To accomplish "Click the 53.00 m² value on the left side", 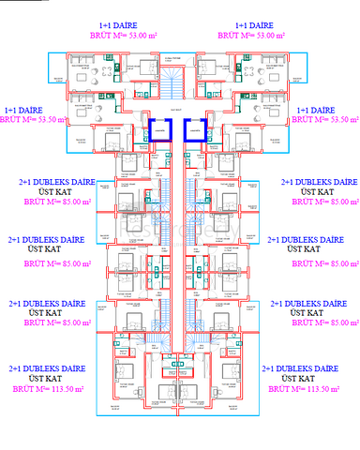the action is coord(143,36).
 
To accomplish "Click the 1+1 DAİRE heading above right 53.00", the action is coord(253,25).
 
